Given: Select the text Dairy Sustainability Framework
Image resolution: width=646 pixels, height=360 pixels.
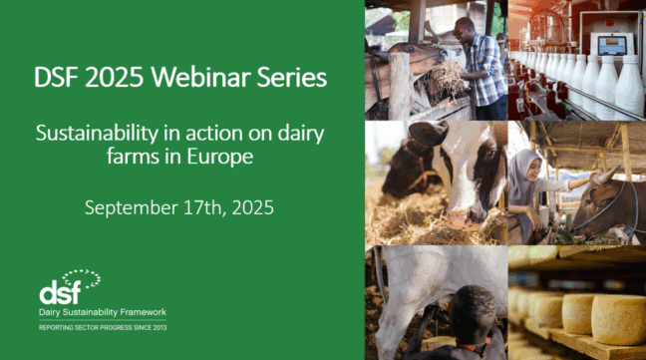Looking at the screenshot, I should coord(103,313).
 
